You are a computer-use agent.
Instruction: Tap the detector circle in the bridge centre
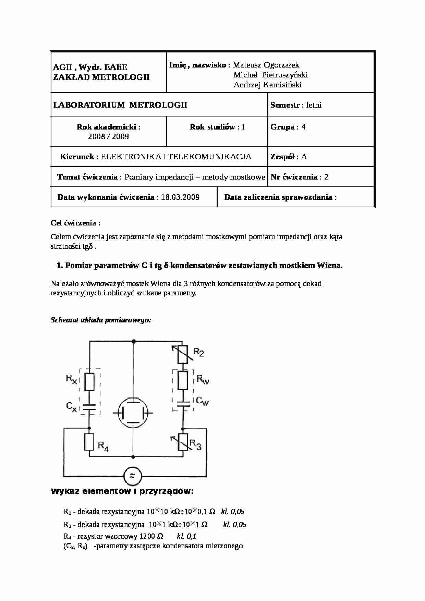pyautogui.click(x=133, y=413)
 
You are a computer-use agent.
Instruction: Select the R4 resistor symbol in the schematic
pyautogui.click(x=89, y=442)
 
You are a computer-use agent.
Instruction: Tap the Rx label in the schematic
pyautogui.click(x=72, y=379)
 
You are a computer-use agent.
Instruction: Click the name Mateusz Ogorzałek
pyautogui.click(x=266, y=65)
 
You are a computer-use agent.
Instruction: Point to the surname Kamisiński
pyautogui.click(x=282, y=85)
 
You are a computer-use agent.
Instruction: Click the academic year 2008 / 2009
pyautogui.click(x=108, y=137)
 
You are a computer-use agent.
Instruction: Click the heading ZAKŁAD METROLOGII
pyautogui.click(x=101, y=77)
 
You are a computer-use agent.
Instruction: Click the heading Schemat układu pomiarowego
pyautogui.click(x=101, y=320)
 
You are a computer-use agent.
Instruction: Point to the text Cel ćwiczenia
pyautogui.click(x=75, y=223)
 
